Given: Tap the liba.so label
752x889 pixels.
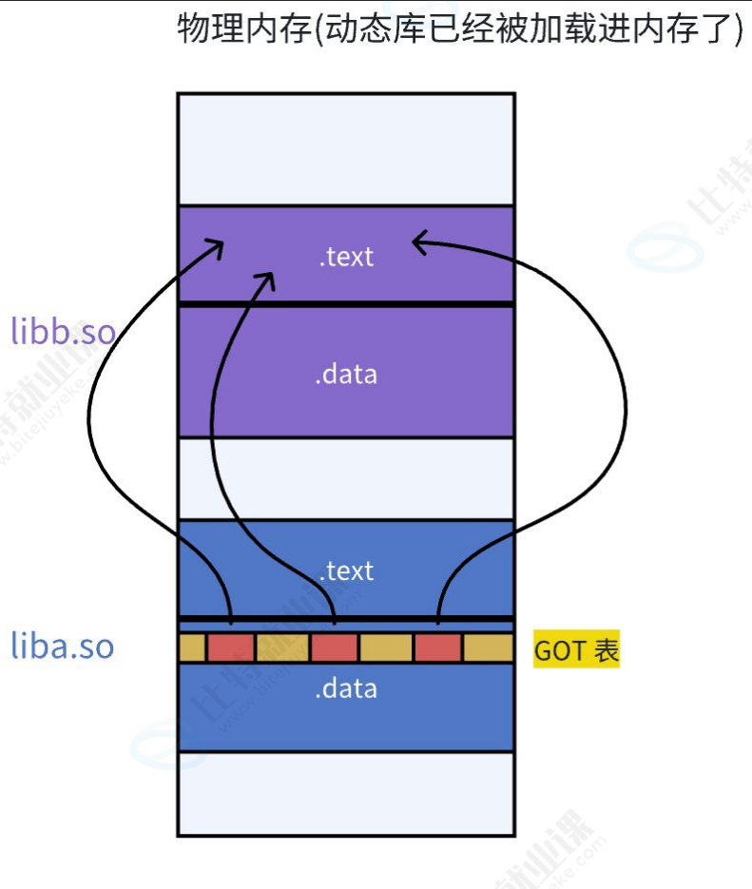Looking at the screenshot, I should (62, 647).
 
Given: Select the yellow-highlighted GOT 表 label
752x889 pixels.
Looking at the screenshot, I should (576, 650).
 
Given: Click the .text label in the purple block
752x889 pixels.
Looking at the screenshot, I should (346, 256).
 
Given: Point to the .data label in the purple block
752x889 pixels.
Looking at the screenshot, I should (346, 374).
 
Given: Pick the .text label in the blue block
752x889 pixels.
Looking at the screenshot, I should (346, 570).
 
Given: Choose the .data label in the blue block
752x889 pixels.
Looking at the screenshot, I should (346, 688).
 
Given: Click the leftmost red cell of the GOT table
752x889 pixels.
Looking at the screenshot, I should (231, 647).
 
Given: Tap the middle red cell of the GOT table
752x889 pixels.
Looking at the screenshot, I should (334, 647).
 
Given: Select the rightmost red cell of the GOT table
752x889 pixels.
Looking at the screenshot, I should (438, 647).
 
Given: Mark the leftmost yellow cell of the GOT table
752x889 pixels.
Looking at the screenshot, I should (193, 647).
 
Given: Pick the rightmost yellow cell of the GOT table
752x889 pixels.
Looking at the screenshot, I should (489, 647).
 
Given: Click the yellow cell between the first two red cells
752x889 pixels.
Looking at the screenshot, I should (282, 647).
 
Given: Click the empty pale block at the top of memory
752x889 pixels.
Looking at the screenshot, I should (346, 148).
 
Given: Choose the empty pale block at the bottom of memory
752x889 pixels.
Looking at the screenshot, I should (346, 793).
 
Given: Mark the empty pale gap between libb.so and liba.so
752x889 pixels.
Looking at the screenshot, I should (346, 478).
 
